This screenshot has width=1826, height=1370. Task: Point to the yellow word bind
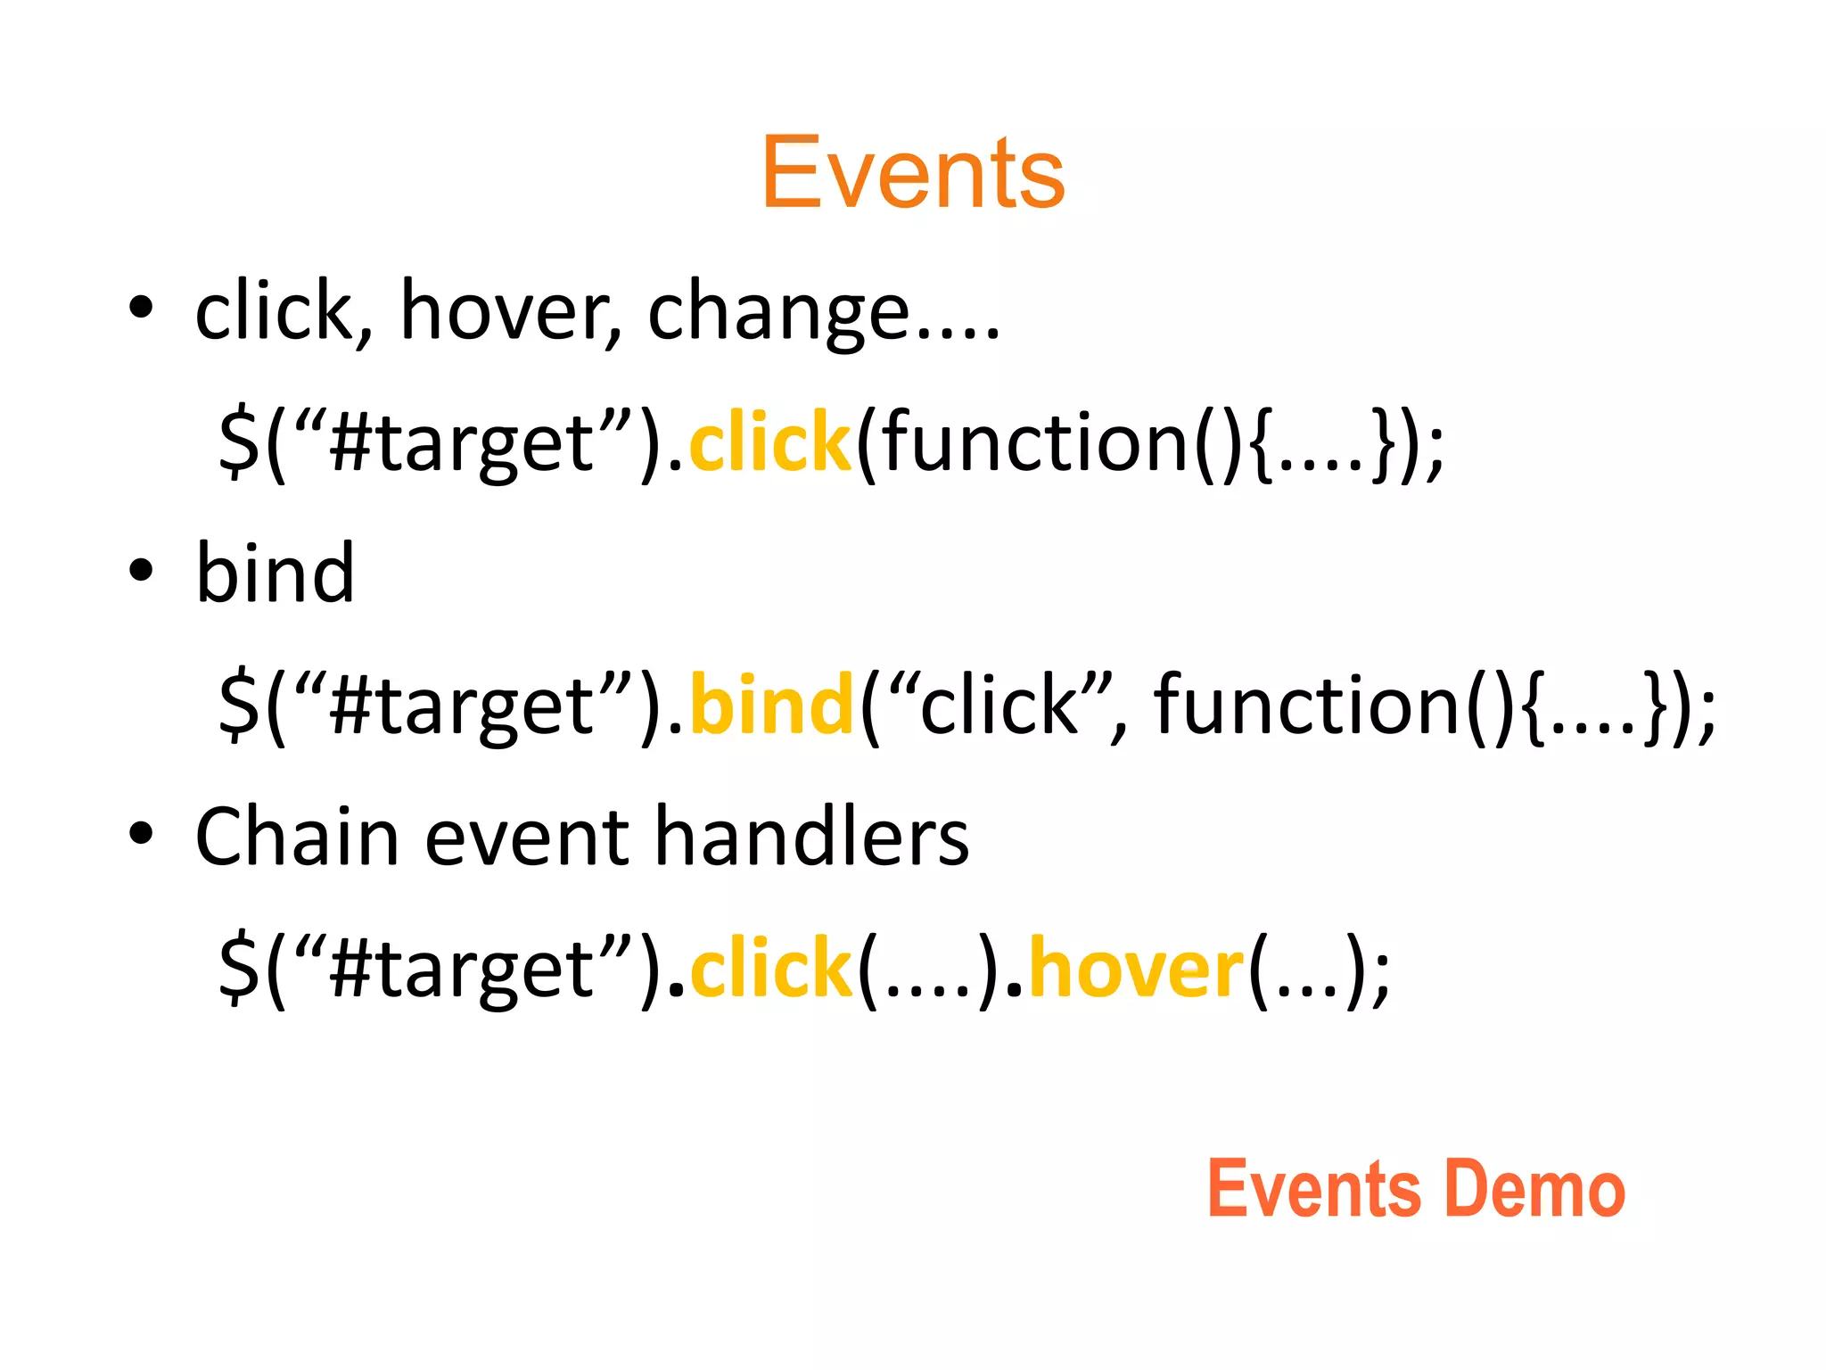[x=772, y=706]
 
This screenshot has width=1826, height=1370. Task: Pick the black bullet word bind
[x=275, y=574]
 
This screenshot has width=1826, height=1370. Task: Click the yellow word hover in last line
[x=1136, y=969]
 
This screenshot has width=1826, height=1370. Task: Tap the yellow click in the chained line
[x=770, y=969]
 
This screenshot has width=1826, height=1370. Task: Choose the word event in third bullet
[x=527, y=838]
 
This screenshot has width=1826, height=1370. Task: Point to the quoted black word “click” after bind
[x=999, y=706]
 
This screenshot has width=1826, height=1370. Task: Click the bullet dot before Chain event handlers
[x=141, y=835]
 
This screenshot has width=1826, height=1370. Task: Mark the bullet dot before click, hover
[x=141, y=309]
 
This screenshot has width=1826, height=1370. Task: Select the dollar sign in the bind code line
[x=239, y=706]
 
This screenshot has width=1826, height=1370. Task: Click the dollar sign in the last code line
[x=239, y=969]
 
